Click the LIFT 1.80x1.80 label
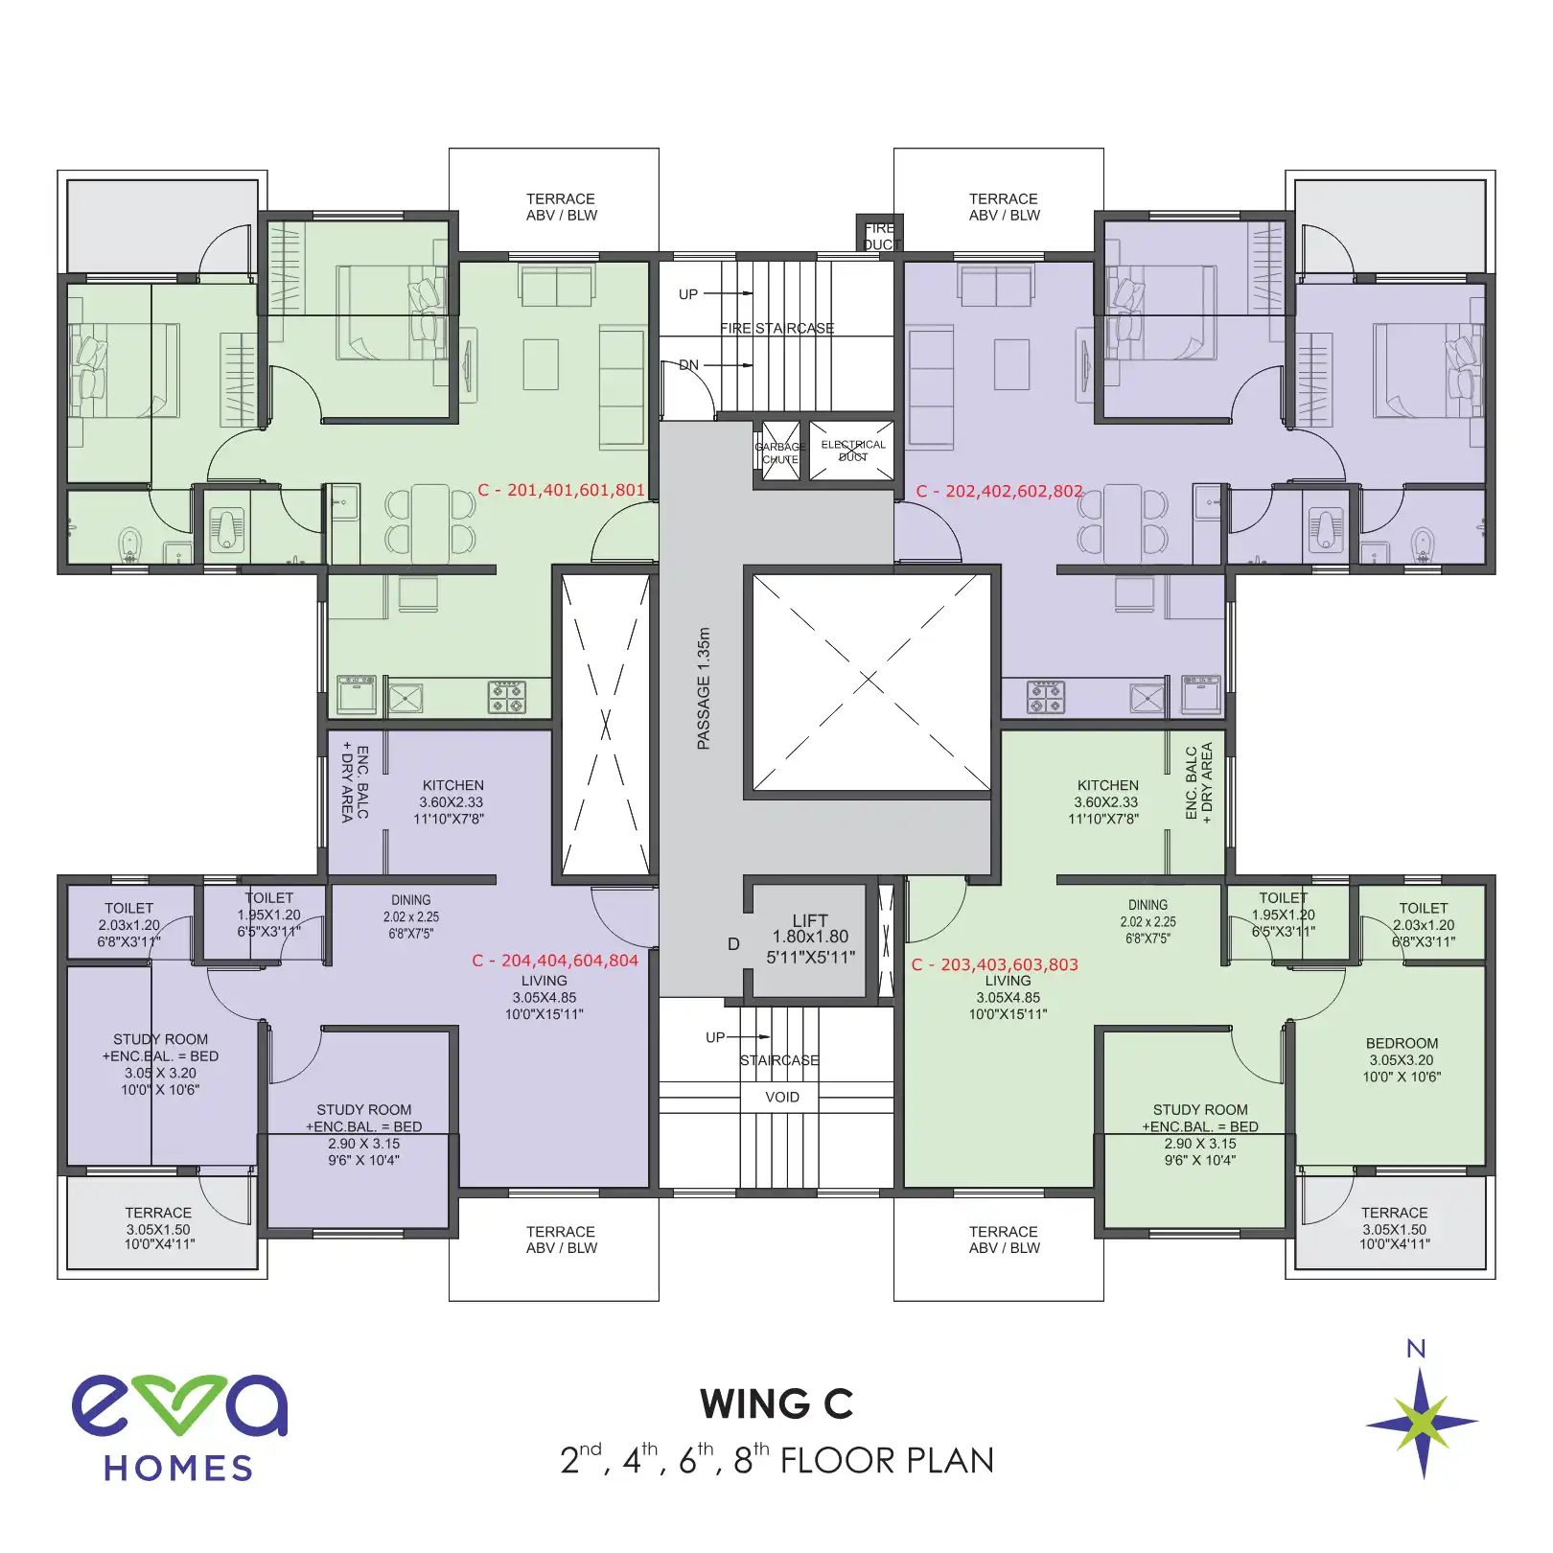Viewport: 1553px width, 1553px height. tap(810, 939)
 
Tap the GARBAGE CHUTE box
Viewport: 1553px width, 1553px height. tap(779, 452)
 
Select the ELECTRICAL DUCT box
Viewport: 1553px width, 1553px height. tap(852, 450)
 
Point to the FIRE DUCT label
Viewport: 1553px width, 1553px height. tap(878, 236)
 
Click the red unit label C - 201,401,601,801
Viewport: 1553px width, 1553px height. tap(561, 490)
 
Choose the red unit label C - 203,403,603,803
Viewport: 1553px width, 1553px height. tap(994, 964)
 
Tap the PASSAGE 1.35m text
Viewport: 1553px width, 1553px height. tap(704, 688)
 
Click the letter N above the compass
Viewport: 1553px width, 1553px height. tap(1415, 1349)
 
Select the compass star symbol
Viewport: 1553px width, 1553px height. tap(1422, 1423)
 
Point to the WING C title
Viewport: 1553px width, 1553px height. tap(776, 1404)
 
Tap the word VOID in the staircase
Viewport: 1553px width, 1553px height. tap(781, 1097)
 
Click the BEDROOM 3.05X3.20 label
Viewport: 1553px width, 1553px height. tap(1402, 1059)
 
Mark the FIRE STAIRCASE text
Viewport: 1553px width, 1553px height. tap(776, 328)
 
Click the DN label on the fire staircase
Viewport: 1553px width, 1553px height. tap(688, 364)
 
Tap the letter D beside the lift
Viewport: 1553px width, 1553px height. tap(733, 944)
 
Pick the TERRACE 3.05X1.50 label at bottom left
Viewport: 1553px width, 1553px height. tap(158, 1228)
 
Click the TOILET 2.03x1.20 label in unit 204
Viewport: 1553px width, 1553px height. tap(128, 924)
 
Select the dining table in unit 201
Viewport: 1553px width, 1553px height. tap(429, 523)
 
